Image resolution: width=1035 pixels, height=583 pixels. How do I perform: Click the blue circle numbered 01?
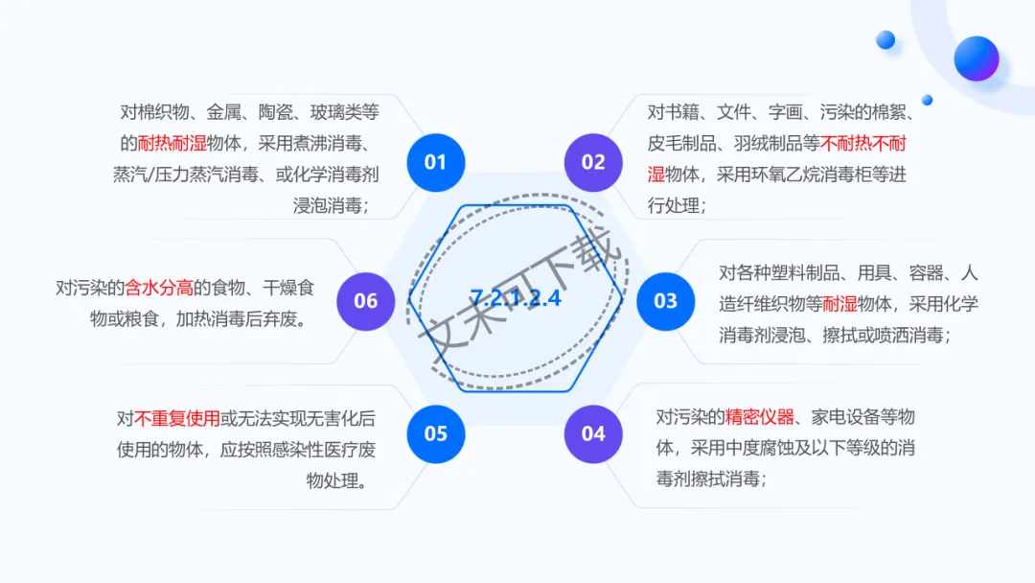[436, 162]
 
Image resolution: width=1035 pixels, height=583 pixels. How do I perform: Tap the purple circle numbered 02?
[593, 162]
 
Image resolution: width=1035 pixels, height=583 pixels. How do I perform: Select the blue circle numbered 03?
[665, 301]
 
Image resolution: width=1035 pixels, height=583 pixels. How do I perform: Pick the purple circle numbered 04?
[593, 433]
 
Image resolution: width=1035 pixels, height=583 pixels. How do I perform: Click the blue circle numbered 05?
[436, 433]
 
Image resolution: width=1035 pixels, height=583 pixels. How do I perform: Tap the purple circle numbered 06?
[366, 301]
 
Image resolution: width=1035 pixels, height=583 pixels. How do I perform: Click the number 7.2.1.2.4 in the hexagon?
[516, 297]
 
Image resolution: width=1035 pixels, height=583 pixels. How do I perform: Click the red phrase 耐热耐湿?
[172, 144]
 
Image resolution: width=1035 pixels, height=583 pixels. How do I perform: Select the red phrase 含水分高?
[160, 288]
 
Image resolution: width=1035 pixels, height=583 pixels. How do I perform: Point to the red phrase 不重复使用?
[177, 418]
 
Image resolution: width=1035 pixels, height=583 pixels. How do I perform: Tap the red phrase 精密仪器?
[760, 416]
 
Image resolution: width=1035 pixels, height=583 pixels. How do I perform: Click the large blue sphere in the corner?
[976, 58]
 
